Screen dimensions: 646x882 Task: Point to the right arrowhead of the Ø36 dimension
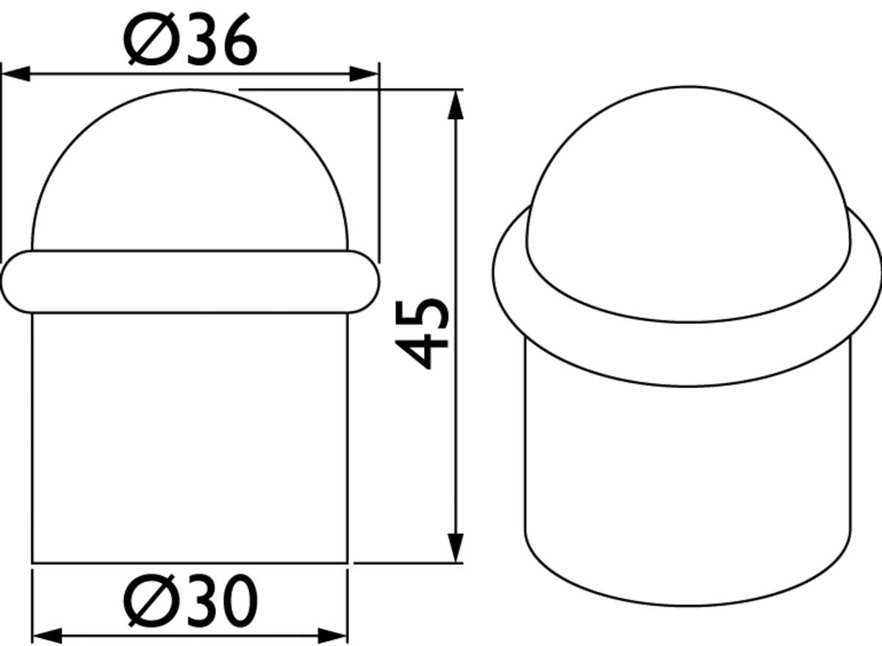coord(364,73)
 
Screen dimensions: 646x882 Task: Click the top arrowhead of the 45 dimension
coord(456,104)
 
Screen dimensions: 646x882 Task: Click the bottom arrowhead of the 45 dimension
coord(456,548)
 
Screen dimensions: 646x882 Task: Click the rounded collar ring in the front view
coord(190,281)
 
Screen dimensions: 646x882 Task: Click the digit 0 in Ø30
coord(237,603)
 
